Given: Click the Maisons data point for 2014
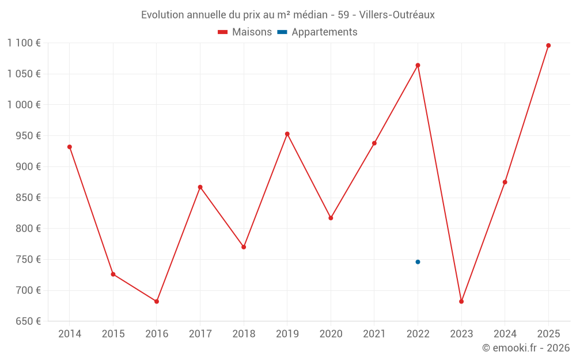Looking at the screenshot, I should click(70, 147).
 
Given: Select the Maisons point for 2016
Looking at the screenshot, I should click(157, 301).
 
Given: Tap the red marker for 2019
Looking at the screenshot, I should click(287, 134).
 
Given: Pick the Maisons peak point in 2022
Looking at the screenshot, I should click(418, 65).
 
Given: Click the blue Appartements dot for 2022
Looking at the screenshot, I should click(418, 262).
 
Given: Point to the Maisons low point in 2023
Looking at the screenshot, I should click(461, 301).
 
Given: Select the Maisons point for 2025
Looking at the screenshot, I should click(548, 46).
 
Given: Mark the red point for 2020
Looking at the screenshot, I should click(331, 218).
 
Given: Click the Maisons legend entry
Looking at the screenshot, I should click(245, 32).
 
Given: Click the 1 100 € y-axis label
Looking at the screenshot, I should click(24, 43).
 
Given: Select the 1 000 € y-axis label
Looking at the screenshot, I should click(24, 105).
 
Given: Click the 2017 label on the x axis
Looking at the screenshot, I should click(200, 334).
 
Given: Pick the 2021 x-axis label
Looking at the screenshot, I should click(374, 334).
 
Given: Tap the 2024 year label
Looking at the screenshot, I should click(505, 334).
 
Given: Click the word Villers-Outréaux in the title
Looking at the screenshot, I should click(397, 14).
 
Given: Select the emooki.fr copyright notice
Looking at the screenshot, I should click(525, 348).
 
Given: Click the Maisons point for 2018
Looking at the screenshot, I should click(244, 247).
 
